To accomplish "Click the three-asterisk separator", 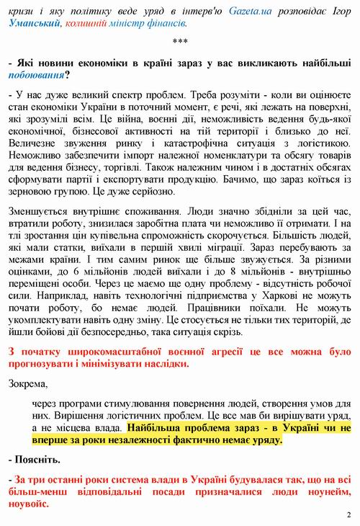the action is coord(181,43).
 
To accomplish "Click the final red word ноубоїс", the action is coord(27,504).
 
